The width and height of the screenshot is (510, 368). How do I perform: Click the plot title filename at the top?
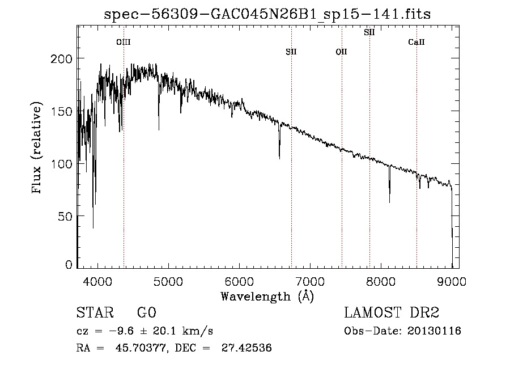click(x=267, y=15)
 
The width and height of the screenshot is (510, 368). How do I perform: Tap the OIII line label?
click(x=124, y=42)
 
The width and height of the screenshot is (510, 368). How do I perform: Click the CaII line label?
click(x=416, y=42)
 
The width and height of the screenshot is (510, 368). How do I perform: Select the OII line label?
click(x=341, y=52)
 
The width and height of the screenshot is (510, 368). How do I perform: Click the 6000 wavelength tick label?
click(x=239, y=281)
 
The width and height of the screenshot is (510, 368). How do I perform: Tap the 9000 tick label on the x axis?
click(x=452, y=281)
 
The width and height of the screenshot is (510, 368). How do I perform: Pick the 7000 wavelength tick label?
click(x=310, y=281)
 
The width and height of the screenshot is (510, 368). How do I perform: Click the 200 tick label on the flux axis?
click(x=62, y=59)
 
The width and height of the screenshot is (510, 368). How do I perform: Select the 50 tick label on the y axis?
click(x=65, y=217)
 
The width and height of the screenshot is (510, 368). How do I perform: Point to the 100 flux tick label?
click(x=62, y=164)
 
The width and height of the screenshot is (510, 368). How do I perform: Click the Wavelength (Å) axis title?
click(x=267, y=296)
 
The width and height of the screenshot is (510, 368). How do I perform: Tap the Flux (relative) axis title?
click(x=38, y=148)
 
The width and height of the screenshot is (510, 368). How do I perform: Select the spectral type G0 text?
click(x=146, y=313)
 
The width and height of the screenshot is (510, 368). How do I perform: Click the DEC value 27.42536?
click(x=248, y=348)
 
